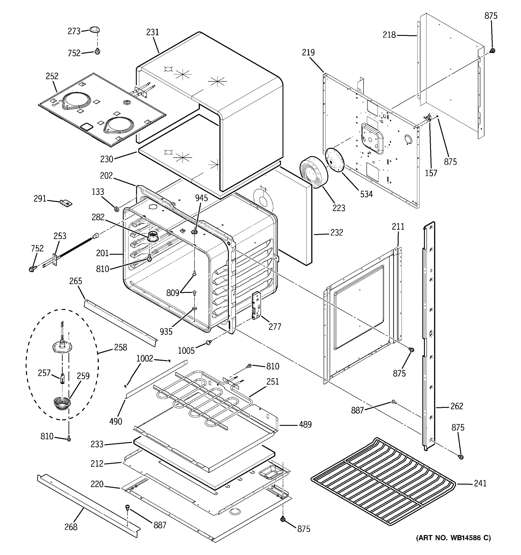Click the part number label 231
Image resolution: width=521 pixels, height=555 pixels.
click(x=152, y=32)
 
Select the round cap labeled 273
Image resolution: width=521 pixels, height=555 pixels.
click(x=95, y=29)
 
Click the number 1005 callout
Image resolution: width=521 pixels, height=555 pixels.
click(x=186, y=351)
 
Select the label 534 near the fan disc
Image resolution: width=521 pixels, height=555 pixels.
click(x=366, y=194)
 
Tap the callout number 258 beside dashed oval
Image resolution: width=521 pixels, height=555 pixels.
click(x=120, y=347)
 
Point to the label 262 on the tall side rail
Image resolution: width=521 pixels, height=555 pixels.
click(x=457, y=406)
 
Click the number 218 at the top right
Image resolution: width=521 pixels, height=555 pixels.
click(x=389, y=35)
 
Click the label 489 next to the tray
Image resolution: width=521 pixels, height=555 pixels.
click(x=305, y=425)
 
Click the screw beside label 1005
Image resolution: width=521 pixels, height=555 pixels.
click(x=208, y=342)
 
